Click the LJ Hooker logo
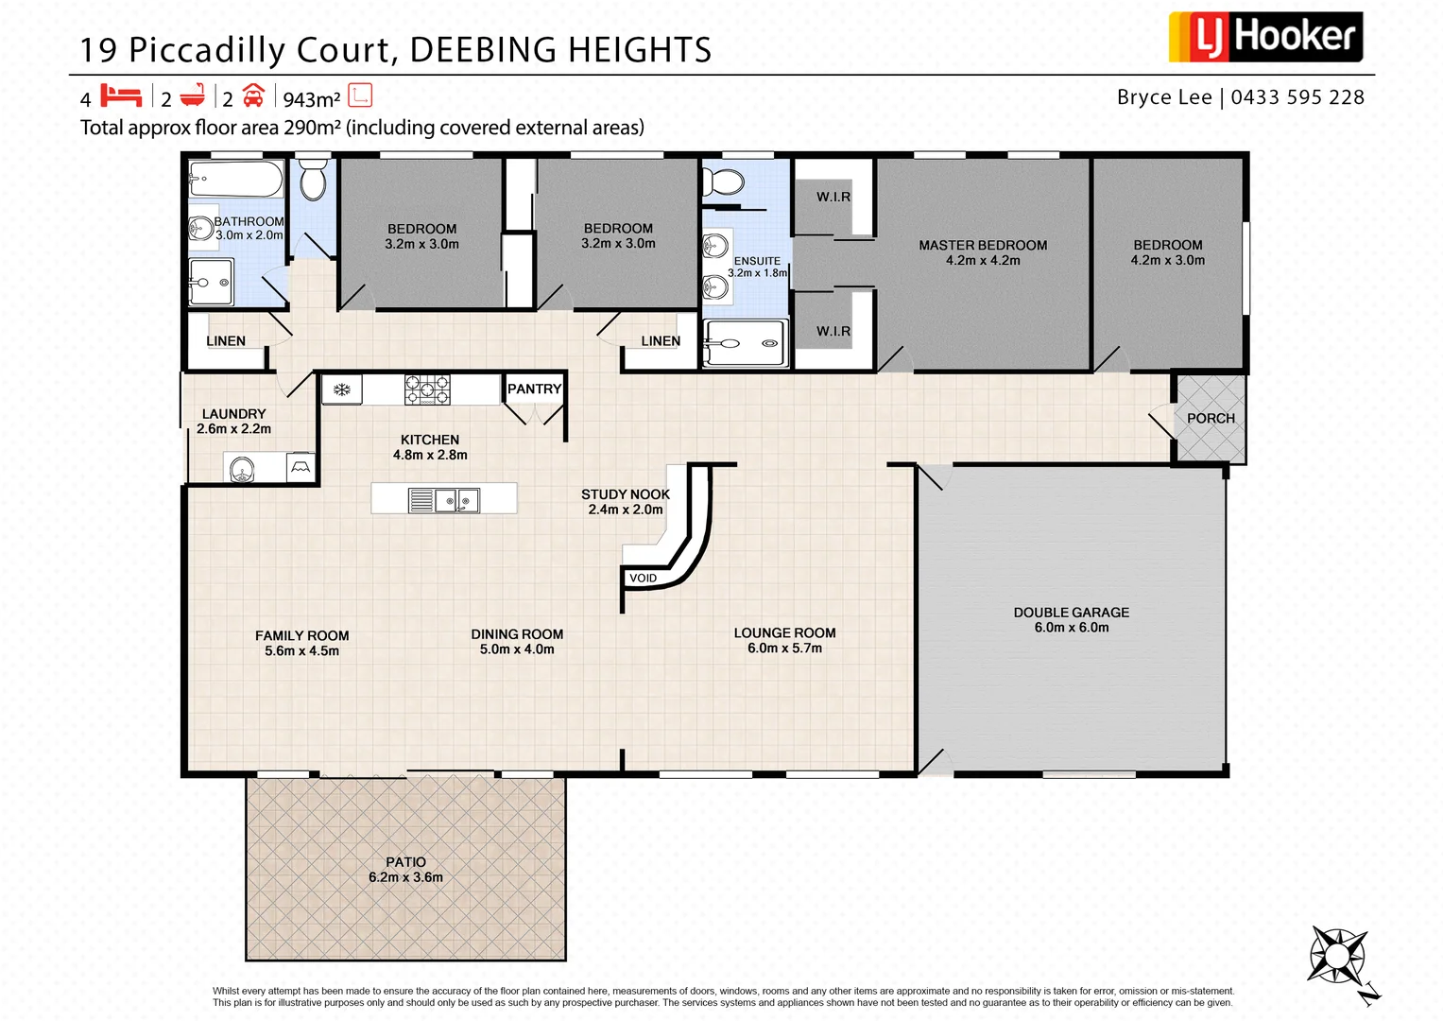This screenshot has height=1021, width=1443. coord(1265,38)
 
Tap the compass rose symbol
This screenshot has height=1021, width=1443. coord(1336,956)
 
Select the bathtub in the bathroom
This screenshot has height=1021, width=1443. coord(236,179)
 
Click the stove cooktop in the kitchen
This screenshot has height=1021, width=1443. coord(427,389)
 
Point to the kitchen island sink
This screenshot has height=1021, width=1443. coord(456,500)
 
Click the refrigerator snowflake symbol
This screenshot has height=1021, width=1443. coord(342,389)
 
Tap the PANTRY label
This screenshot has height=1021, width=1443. coord(534,389)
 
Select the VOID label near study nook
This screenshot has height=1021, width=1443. coord(643,578)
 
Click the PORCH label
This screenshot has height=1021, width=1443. coord(1211,418)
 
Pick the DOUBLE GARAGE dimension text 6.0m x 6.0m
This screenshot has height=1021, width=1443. coord(1071,628)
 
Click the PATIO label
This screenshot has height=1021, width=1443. coord(405,861)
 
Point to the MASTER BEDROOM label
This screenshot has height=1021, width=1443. coord(983,245)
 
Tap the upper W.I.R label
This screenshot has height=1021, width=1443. coord(833,197)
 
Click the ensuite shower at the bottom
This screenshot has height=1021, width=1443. coord(746,343)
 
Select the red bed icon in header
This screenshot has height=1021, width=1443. coord(121,96)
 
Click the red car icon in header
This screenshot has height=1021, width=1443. coord(253,96)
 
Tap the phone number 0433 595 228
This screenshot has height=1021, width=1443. coord(1297,97)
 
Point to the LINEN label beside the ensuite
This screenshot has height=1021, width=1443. coord(661,341)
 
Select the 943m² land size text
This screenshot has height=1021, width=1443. coord(311,99)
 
